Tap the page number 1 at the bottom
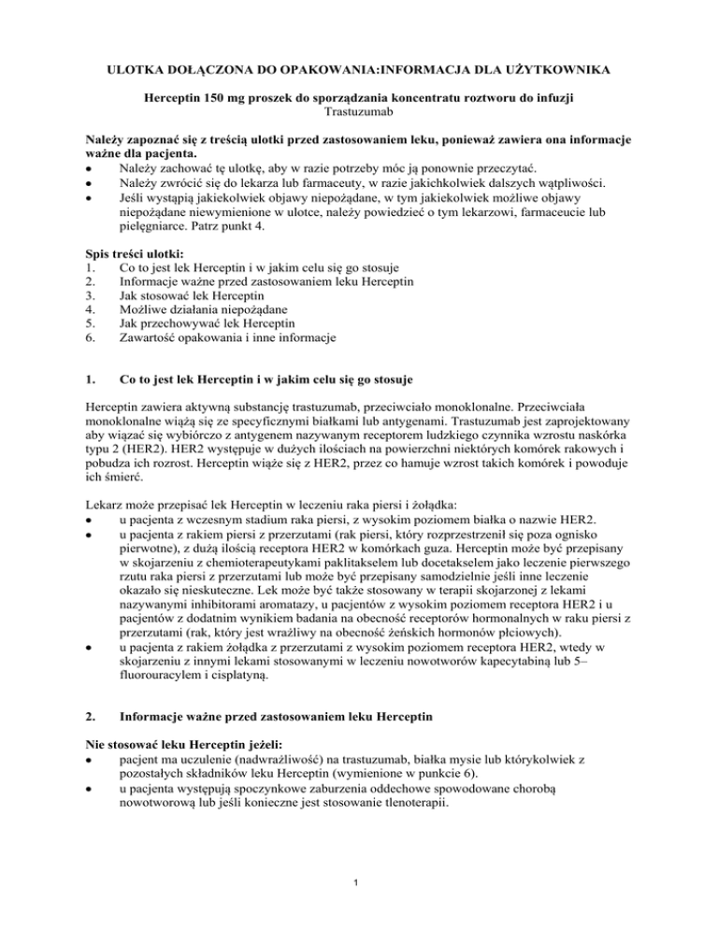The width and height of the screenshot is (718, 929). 359,888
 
